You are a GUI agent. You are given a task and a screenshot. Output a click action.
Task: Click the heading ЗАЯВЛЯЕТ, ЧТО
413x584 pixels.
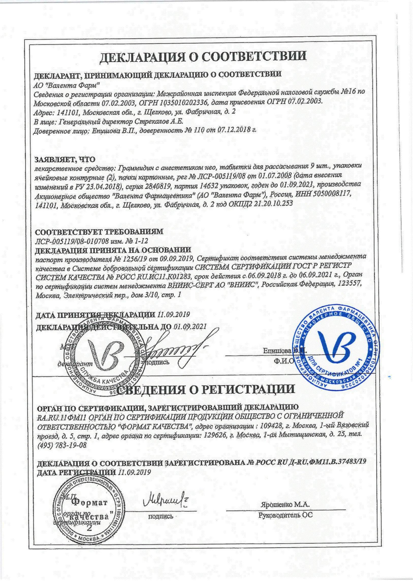[65, 159]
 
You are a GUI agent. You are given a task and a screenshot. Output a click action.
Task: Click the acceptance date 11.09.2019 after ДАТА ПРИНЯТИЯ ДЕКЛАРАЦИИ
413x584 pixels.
[173, 315]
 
